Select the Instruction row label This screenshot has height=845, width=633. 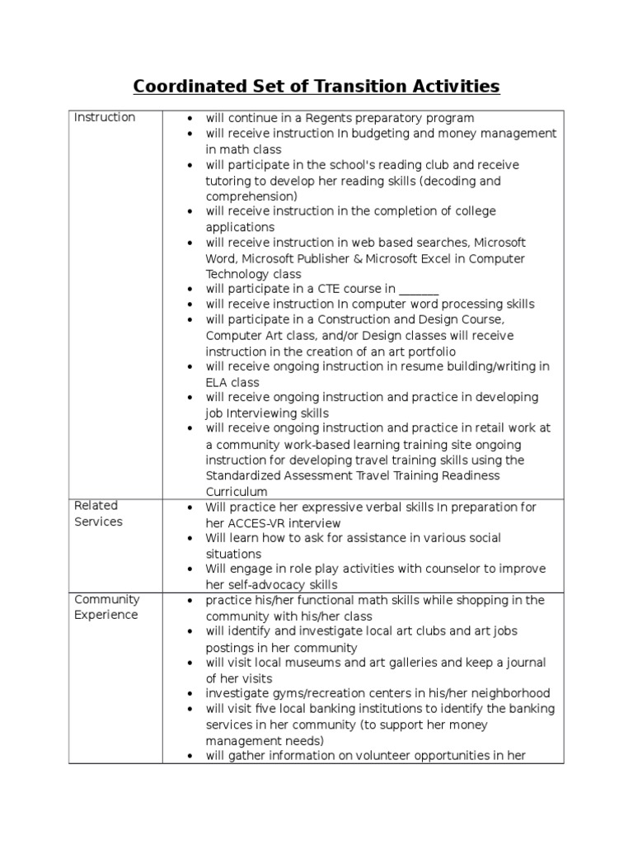[x=105, y=117]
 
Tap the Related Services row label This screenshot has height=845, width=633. [x=97, y=513]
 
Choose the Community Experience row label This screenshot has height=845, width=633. [x=106, y=607]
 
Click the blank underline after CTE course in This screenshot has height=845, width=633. [x=419, y=290]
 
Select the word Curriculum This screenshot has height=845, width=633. [x=237, y=491]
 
